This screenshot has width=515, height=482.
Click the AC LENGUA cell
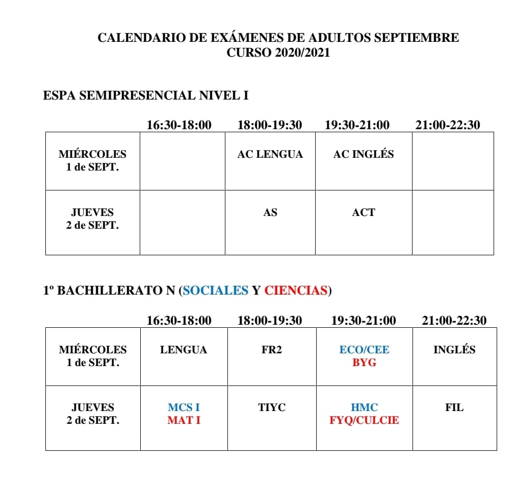click(x=270, y=154)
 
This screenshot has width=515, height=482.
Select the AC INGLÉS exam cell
click(x=363, y=154)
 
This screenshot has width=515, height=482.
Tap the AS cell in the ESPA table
click(x=270, y=212)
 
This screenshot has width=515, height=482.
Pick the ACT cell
click(x=363, y=212)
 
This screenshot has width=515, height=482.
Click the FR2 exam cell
click(x=271, y=350)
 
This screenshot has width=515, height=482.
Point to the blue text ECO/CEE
click(x=364, y=350)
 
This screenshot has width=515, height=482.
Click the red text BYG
click(x=364, y=363)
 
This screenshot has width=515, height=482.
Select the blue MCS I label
click(x=184, y=407)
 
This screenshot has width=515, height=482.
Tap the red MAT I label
click(x=184, y=421)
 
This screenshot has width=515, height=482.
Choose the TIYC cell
click(x=271, y=407)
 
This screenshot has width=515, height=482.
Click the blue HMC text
click(x=364, y=407)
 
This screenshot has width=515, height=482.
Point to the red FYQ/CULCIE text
click(x=364, y=421)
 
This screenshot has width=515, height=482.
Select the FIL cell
click(x=454, y=407)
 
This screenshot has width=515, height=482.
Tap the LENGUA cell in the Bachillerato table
click(x=184, y=350)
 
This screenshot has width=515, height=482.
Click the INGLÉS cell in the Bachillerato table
click(x=454, y=350)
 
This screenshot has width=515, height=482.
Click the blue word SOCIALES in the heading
click(x=215, y=291)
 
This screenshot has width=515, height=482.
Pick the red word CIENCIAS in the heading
click(x=296, y=291)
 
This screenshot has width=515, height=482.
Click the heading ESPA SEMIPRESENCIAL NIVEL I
click(x=146, y=95)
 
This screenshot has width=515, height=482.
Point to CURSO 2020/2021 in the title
click(x=278, y=53)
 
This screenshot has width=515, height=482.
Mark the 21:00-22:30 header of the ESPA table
click(x=447, y=125)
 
